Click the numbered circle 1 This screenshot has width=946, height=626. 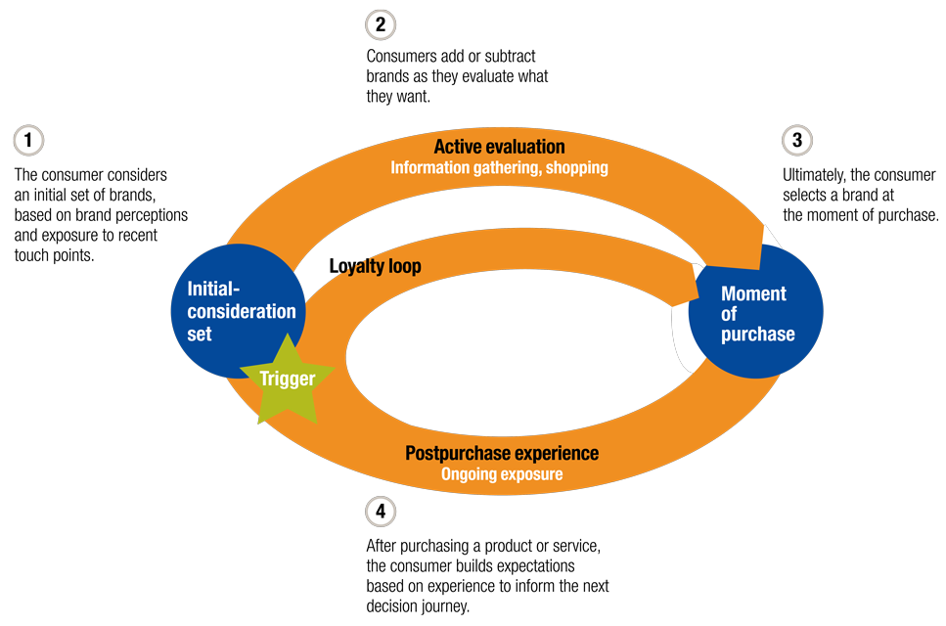29,140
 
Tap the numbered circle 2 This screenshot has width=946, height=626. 380,24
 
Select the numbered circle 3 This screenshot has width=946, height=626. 796,140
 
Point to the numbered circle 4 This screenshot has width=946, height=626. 380,510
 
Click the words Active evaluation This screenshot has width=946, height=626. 499,147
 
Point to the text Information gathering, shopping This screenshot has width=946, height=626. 499,167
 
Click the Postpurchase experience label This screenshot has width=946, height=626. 501,454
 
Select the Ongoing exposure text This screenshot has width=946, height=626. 501,474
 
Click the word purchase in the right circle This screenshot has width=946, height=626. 757,335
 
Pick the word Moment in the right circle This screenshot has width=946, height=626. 753,293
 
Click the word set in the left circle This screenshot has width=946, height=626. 199,334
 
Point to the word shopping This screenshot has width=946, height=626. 576,167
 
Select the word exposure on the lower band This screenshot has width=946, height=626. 532,474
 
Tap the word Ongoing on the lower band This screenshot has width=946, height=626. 469,474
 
